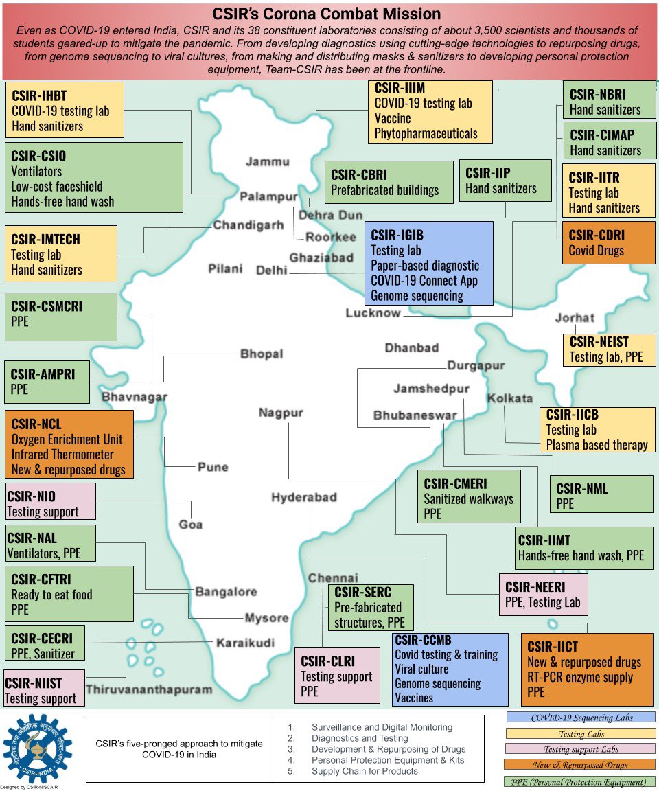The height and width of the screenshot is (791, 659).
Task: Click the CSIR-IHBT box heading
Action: point(39,95)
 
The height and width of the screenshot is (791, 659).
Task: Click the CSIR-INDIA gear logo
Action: point(38,748)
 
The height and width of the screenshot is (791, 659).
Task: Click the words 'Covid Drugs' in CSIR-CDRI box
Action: point(596,251)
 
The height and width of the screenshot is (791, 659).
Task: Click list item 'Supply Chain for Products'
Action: point(365,771)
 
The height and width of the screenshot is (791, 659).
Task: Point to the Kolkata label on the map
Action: point(509,398)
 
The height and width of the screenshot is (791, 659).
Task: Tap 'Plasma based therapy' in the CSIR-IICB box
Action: point(597,445)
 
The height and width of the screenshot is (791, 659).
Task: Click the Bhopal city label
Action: point(261,354)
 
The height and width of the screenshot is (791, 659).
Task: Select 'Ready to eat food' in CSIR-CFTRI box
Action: point(51,595)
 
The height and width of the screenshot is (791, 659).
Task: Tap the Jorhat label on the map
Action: point(575,318)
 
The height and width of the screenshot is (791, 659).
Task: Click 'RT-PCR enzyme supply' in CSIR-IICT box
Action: point(580,678)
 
